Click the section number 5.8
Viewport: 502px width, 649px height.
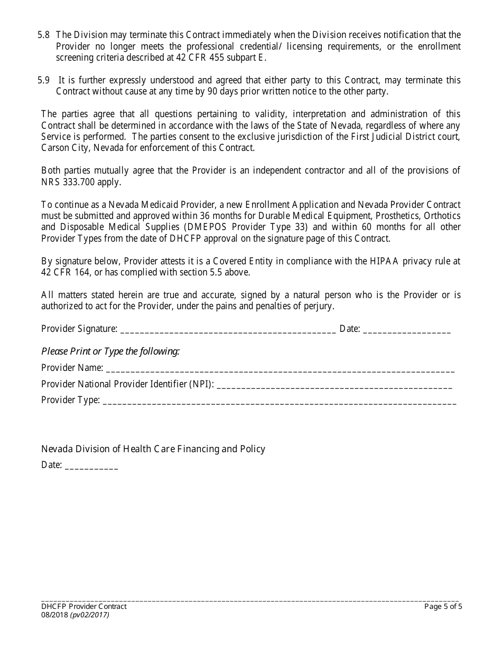point(43,35)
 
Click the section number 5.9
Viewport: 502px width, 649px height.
point(43,80)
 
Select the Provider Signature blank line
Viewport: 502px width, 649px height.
point(228,330)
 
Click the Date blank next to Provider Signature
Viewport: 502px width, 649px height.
point(407,330)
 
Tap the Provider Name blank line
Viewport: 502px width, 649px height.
point(280,369)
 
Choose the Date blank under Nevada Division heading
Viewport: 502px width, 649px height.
point(91,466)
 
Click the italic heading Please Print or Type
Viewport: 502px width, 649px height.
point(110,351)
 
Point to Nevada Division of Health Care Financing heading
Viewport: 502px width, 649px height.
point(153,449)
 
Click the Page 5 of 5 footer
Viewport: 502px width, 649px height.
point(443,606)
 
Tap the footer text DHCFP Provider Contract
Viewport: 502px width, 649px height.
point(84,606)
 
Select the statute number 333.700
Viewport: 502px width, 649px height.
point(78,182)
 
